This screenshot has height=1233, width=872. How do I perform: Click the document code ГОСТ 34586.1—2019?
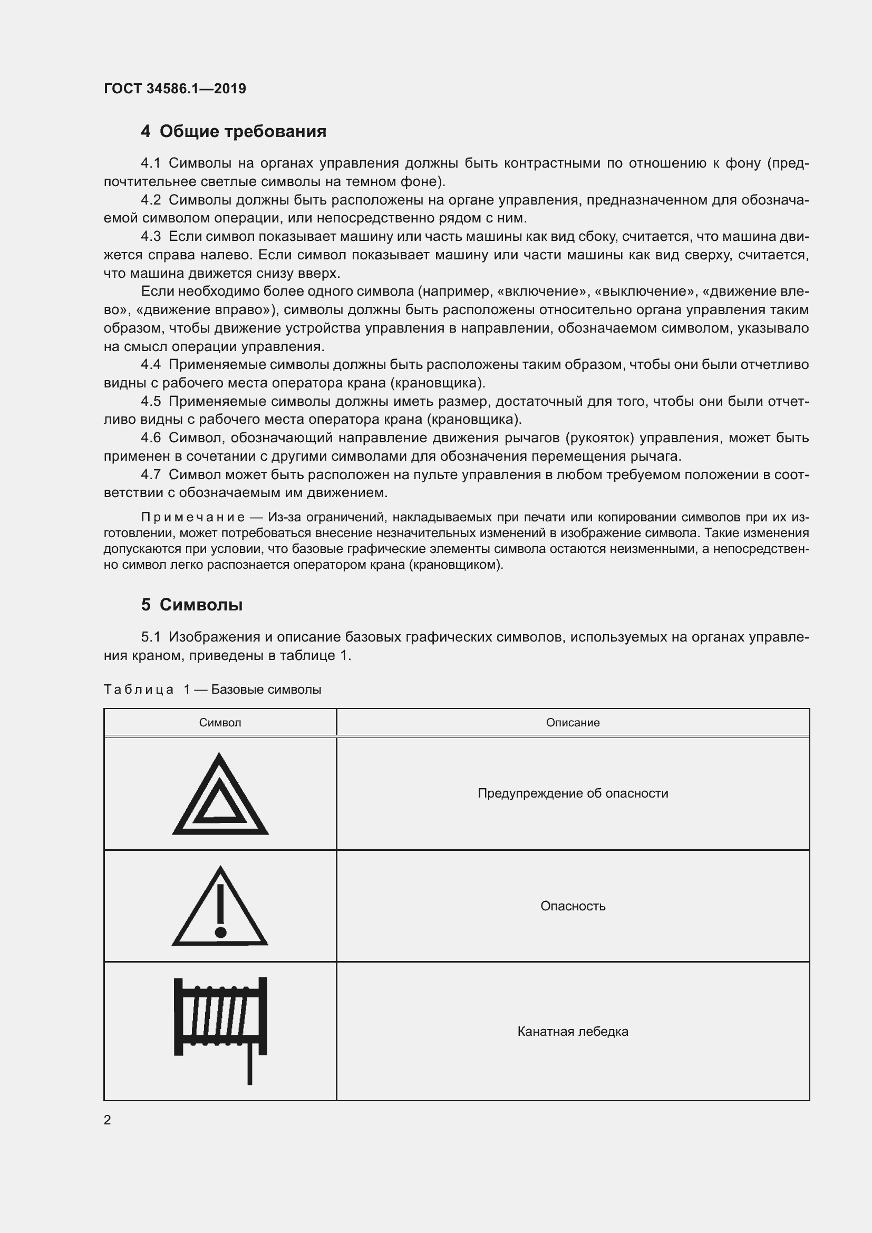click(175, 89)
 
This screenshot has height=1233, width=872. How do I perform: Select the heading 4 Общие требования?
click(234, 132)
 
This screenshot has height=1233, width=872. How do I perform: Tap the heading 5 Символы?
click(192, 605)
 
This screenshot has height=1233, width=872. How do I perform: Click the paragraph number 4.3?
click(150, 236)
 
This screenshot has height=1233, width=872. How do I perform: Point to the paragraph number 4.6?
click(150, 438)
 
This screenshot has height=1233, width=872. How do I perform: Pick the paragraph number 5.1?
click(150, 637)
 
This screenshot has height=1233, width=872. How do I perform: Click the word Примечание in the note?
click(193, 517)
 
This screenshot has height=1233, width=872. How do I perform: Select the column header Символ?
click(220, 723)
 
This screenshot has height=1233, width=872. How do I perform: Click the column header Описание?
click(573, 723)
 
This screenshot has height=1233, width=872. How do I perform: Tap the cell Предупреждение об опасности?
click(573, 793)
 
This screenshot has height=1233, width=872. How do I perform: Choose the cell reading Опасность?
click(573, 906)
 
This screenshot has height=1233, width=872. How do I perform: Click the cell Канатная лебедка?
click(573, 1031)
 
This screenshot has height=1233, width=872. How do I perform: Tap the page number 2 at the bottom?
click(108, 1120)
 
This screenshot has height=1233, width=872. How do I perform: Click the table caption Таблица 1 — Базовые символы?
click(212, 690)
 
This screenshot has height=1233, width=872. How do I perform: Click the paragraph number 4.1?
click(150, 163)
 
